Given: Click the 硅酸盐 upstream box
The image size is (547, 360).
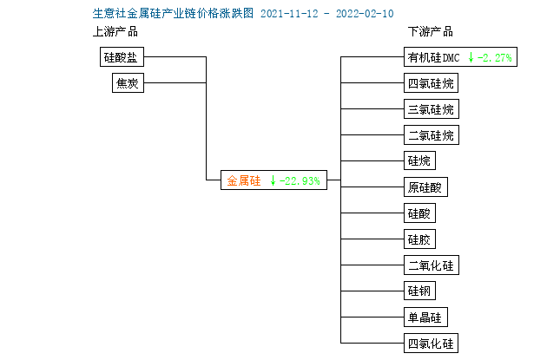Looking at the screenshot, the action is coord(122,56).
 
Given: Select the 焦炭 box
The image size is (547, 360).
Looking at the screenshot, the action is coord(128,83).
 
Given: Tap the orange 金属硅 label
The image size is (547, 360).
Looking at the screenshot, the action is coord(243,180).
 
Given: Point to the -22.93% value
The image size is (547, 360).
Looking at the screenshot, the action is coord(300,180).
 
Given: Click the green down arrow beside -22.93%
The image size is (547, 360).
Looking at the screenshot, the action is coord(273,180).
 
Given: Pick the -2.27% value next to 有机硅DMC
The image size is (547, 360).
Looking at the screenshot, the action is coord(494,57).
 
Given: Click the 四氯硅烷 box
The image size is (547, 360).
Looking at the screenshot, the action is coord(431,83).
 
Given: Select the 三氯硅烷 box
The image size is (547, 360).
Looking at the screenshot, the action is coord(432,109).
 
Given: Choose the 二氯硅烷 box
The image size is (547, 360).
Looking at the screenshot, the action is coord(432,134).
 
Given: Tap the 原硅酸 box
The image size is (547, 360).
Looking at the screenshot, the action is coord(425,187).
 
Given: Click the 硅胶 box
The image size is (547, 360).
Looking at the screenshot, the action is coord(419,239).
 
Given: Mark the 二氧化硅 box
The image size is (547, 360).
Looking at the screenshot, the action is coord(432,265).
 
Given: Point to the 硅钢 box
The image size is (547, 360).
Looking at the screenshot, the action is coord(419,291).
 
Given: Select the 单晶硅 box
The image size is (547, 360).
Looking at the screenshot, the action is coord(425,317).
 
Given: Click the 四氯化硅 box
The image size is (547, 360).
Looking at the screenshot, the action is coord(431,344).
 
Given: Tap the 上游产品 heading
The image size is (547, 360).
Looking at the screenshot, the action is coord(115,32).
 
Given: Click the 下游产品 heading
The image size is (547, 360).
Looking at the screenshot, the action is coord(431,32).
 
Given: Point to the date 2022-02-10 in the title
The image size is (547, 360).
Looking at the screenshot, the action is coord(365,14).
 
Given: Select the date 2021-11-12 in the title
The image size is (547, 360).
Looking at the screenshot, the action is coord(289,14).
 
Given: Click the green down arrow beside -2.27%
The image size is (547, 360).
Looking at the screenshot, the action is coord(471,57).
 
